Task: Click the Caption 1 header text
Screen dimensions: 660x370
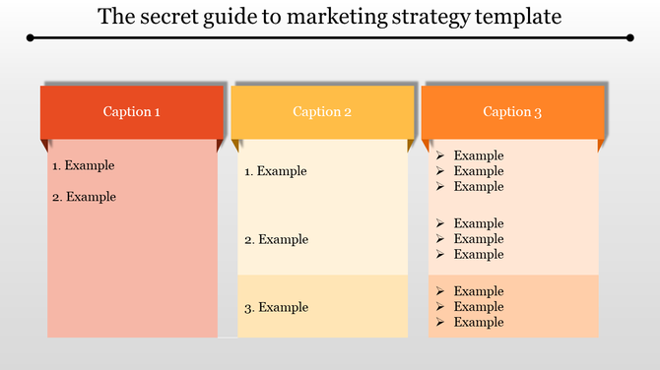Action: coord(132,112)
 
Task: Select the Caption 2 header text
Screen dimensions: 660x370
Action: coord(322,112)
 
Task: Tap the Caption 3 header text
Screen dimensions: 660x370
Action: coord(512,112)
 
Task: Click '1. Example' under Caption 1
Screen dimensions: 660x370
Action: coord(84,165)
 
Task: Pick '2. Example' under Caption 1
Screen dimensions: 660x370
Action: coord(84,197)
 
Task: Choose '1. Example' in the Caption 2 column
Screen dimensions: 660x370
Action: coord(276,171)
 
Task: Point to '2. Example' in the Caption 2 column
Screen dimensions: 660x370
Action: coord(276,239)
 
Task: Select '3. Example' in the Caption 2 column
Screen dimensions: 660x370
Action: coord(276,307)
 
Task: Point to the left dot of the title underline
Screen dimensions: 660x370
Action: coord(32,38)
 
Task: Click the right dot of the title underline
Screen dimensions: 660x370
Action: coord(629,38)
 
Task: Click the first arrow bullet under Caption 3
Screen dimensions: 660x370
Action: coord(440,155)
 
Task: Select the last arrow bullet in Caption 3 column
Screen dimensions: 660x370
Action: coord(440,322)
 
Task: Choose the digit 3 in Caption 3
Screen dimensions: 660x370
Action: coord(539,112)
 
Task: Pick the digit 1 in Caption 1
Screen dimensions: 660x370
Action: coord(158,112)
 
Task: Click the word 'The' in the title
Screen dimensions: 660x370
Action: coord(115,17)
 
